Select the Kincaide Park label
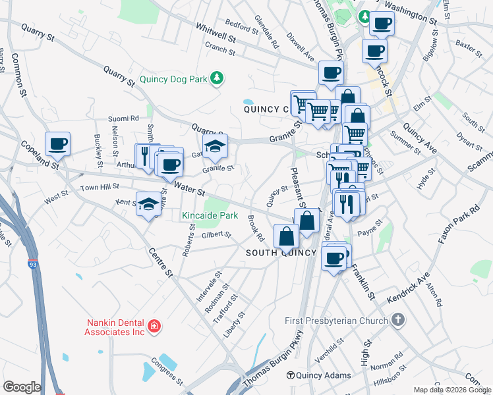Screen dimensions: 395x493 (x=210, y=215)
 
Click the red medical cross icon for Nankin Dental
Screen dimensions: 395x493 (x=154, y=326)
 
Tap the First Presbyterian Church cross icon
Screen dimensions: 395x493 (x=397, y=321)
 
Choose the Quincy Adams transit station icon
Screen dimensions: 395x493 (x=290, y=375)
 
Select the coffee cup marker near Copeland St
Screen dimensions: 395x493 (x=57, y=144)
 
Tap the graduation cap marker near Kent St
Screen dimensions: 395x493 (x=148, y=204)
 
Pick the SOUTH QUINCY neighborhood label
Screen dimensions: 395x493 (x=277, y=253)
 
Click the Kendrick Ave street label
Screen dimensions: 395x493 (x=408, y=287)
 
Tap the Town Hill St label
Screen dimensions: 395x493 (x=99, y=188)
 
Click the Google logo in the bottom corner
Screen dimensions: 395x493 (x=22, y=387)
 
